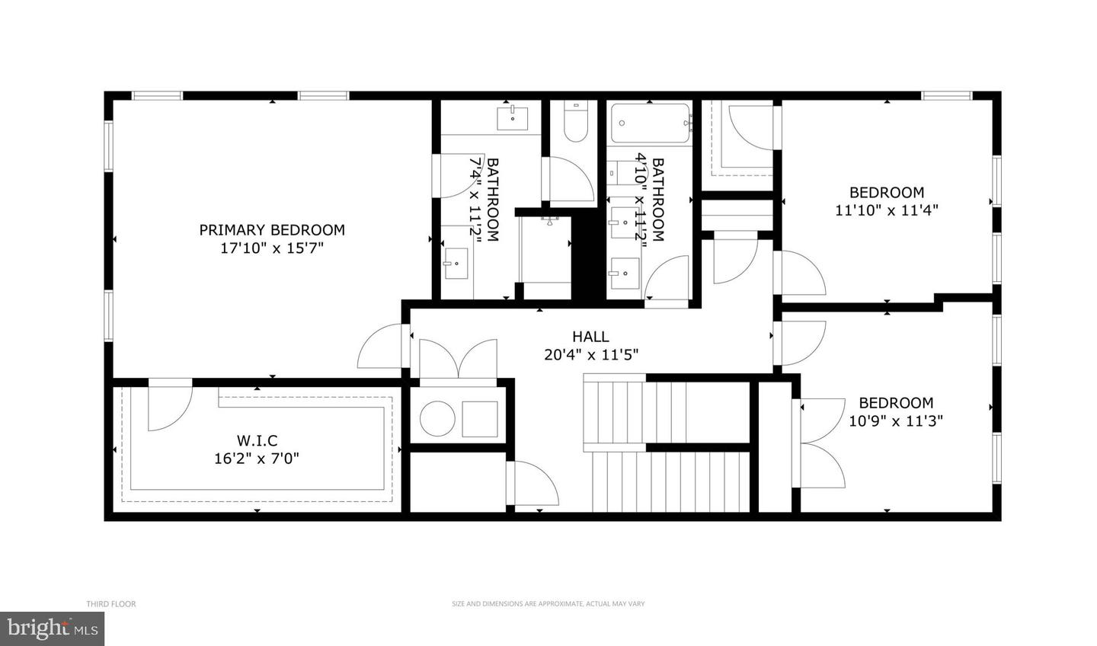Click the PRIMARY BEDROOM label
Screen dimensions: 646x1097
click(272, 229)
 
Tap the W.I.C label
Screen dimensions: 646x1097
click(257, 440)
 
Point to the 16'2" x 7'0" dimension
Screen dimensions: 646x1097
click(257, 459)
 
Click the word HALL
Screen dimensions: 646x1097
click(590, 336)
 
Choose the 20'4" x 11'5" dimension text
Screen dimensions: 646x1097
click(590, 354)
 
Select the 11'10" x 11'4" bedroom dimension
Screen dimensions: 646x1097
click(886, 210)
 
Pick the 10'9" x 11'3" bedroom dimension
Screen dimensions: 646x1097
click(896, 421)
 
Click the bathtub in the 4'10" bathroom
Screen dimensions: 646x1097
click(651, 123)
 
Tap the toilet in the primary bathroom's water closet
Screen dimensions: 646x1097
click(575, 123)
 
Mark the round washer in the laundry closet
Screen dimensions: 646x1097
click(438, 418)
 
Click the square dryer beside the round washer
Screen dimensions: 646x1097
click(480, 418)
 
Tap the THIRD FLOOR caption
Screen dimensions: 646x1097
click(110, 604)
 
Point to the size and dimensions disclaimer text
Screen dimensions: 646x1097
click(548, 604)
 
